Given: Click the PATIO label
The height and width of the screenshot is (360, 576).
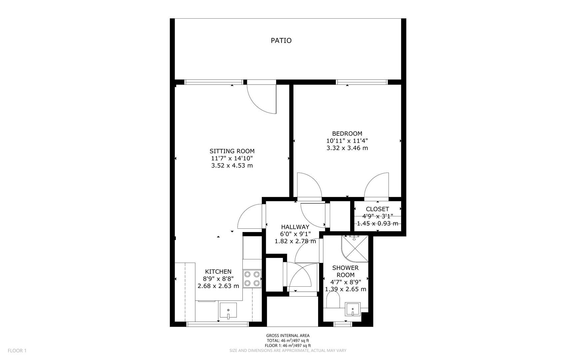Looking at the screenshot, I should [281, 41].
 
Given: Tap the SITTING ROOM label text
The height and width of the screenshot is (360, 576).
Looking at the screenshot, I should [232, 151].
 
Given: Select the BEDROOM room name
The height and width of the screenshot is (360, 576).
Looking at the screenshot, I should [347, 134].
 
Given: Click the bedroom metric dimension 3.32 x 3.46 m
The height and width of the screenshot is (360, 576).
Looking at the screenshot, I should [347, 148].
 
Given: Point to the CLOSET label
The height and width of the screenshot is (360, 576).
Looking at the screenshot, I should [377, 209].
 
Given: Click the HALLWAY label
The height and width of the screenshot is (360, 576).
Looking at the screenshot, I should [295, 227].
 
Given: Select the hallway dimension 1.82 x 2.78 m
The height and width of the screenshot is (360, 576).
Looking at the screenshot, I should [295, 241].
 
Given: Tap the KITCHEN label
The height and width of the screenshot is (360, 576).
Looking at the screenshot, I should [218, 272].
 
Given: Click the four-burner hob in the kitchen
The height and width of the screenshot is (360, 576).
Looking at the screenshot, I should [252, 279].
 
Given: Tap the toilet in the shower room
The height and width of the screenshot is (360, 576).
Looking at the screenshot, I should [332, 300].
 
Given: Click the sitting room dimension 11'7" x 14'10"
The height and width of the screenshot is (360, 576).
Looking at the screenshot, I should [232, 158].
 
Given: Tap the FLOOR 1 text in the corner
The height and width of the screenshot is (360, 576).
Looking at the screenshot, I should [17, 350].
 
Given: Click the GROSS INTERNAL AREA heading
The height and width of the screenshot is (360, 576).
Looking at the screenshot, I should [288, 336].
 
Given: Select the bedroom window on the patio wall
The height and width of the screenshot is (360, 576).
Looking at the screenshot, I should [361, 82].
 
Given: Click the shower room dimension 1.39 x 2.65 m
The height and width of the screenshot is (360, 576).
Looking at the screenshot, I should [345, 289].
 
